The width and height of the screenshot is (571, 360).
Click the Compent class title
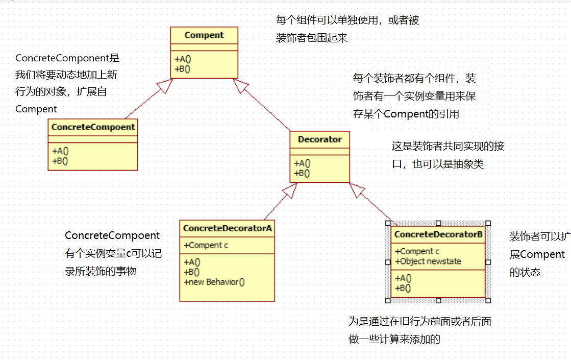204,35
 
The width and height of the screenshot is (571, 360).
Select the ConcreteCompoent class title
93,127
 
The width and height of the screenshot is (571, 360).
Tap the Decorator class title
320,139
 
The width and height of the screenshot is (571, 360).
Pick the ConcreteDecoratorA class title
227,228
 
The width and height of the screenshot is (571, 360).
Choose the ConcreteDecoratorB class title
438,234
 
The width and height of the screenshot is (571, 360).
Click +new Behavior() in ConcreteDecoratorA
214,281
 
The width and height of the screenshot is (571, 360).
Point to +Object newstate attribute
428,261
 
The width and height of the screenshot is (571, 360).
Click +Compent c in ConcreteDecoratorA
206,245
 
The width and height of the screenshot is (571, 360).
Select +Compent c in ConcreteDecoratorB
417,251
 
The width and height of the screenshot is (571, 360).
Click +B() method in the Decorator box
302,173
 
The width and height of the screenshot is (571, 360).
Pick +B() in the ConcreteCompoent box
60,160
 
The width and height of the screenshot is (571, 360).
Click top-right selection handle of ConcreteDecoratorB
488,223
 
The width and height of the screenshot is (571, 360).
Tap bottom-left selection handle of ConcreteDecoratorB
388,300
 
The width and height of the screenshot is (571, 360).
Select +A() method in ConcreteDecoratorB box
403,279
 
